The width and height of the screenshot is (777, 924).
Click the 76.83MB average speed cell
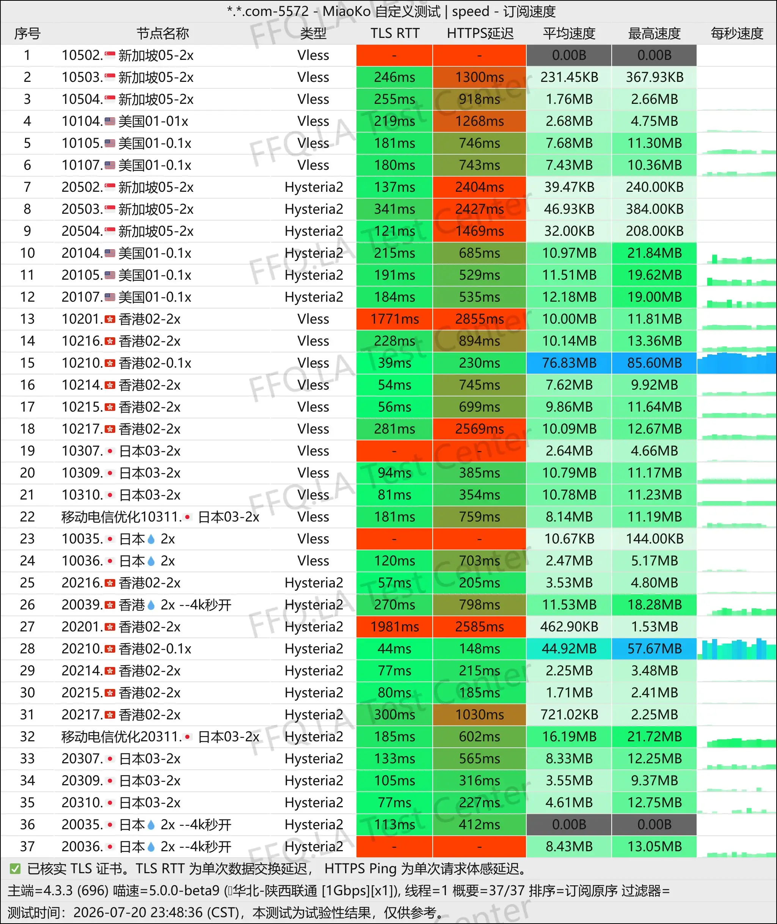point(569,363)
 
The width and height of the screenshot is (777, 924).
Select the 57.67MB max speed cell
point(654,649)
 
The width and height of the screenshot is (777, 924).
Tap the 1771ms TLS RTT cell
point(394,319)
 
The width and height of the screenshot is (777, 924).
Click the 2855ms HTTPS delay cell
point(479,319)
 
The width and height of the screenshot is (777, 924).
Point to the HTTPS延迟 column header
point(480,33)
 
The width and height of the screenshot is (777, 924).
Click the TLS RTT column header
point(395,33)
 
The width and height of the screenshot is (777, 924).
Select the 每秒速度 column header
point(737,33)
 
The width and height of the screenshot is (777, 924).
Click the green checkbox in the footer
point(15,869)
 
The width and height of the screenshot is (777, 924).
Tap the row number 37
point(27,847)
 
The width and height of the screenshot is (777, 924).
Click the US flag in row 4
point(110,121)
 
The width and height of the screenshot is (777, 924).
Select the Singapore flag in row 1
point(110,55)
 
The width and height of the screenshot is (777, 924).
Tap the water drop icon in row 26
point(151,605)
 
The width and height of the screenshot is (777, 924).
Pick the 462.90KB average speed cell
point(569,627)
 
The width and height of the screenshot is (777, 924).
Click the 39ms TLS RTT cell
point(394,363)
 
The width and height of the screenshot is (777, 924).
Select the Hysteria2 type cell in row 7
point(314,188)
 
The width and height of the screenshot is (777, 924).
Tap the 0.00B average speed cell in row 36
point(569,824)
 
